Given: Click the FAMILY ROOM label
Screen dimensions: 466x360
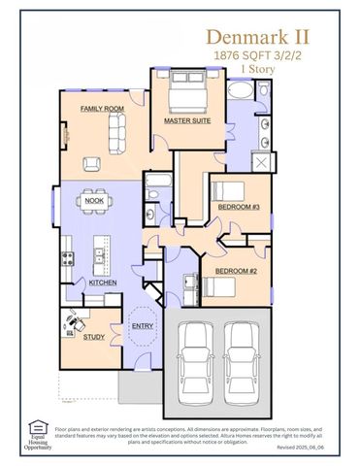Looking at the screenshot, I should tap(100, 109).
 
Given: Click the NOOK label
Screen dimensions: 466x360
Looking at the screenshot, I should tap(94, 201).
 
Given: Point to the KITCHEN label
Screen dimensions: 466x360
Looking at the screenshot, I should tap(103, 283).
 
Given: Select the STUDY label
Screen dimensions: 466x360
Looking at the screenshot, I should tap(94, 337).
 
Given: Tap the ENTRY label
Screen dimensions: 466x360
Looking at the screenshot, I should tap(142, 325).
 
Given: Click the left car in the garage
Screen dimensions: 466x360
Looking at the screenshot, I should tap(198, 355).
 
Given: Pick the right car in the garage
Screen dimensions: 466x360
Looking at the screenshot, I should tap(243, 355).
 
